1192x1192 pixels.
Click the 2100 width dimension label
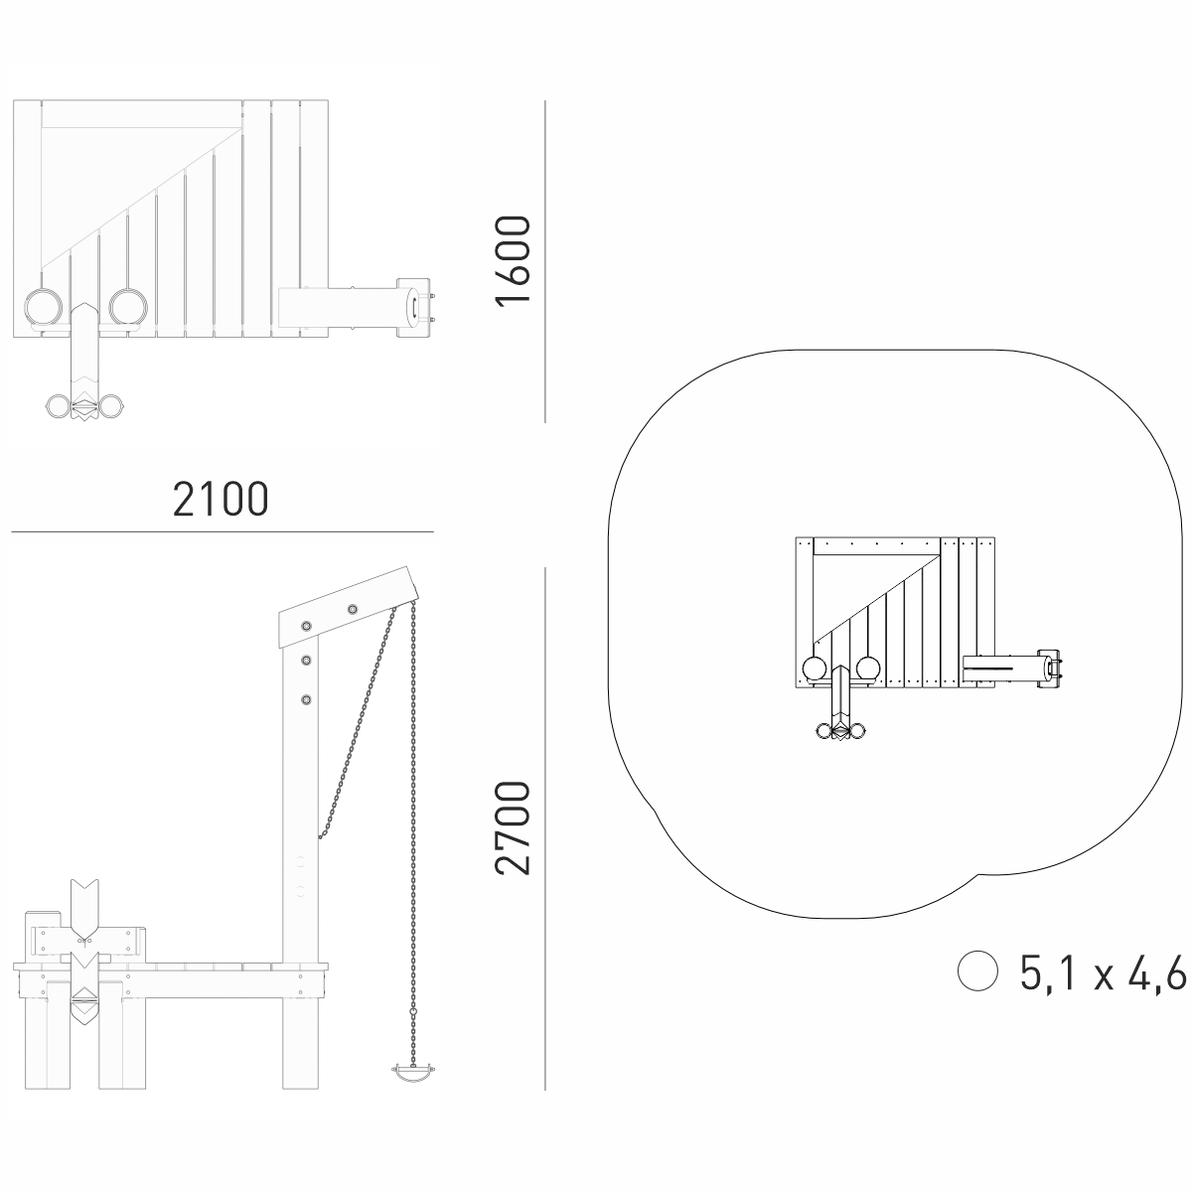221,499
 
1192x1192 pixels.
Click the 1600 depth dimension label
513,260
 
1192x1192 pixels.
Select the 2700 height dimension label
513,828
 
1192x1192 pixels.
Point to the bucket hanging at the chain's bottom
414,1073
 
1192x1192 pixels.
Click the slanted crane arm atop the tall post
349,607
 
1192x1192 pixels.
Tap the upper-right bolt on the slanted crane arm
352,609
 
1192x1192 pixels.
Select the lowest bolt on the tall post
306,699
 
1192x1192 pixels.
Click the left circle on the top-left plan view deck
44,307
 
